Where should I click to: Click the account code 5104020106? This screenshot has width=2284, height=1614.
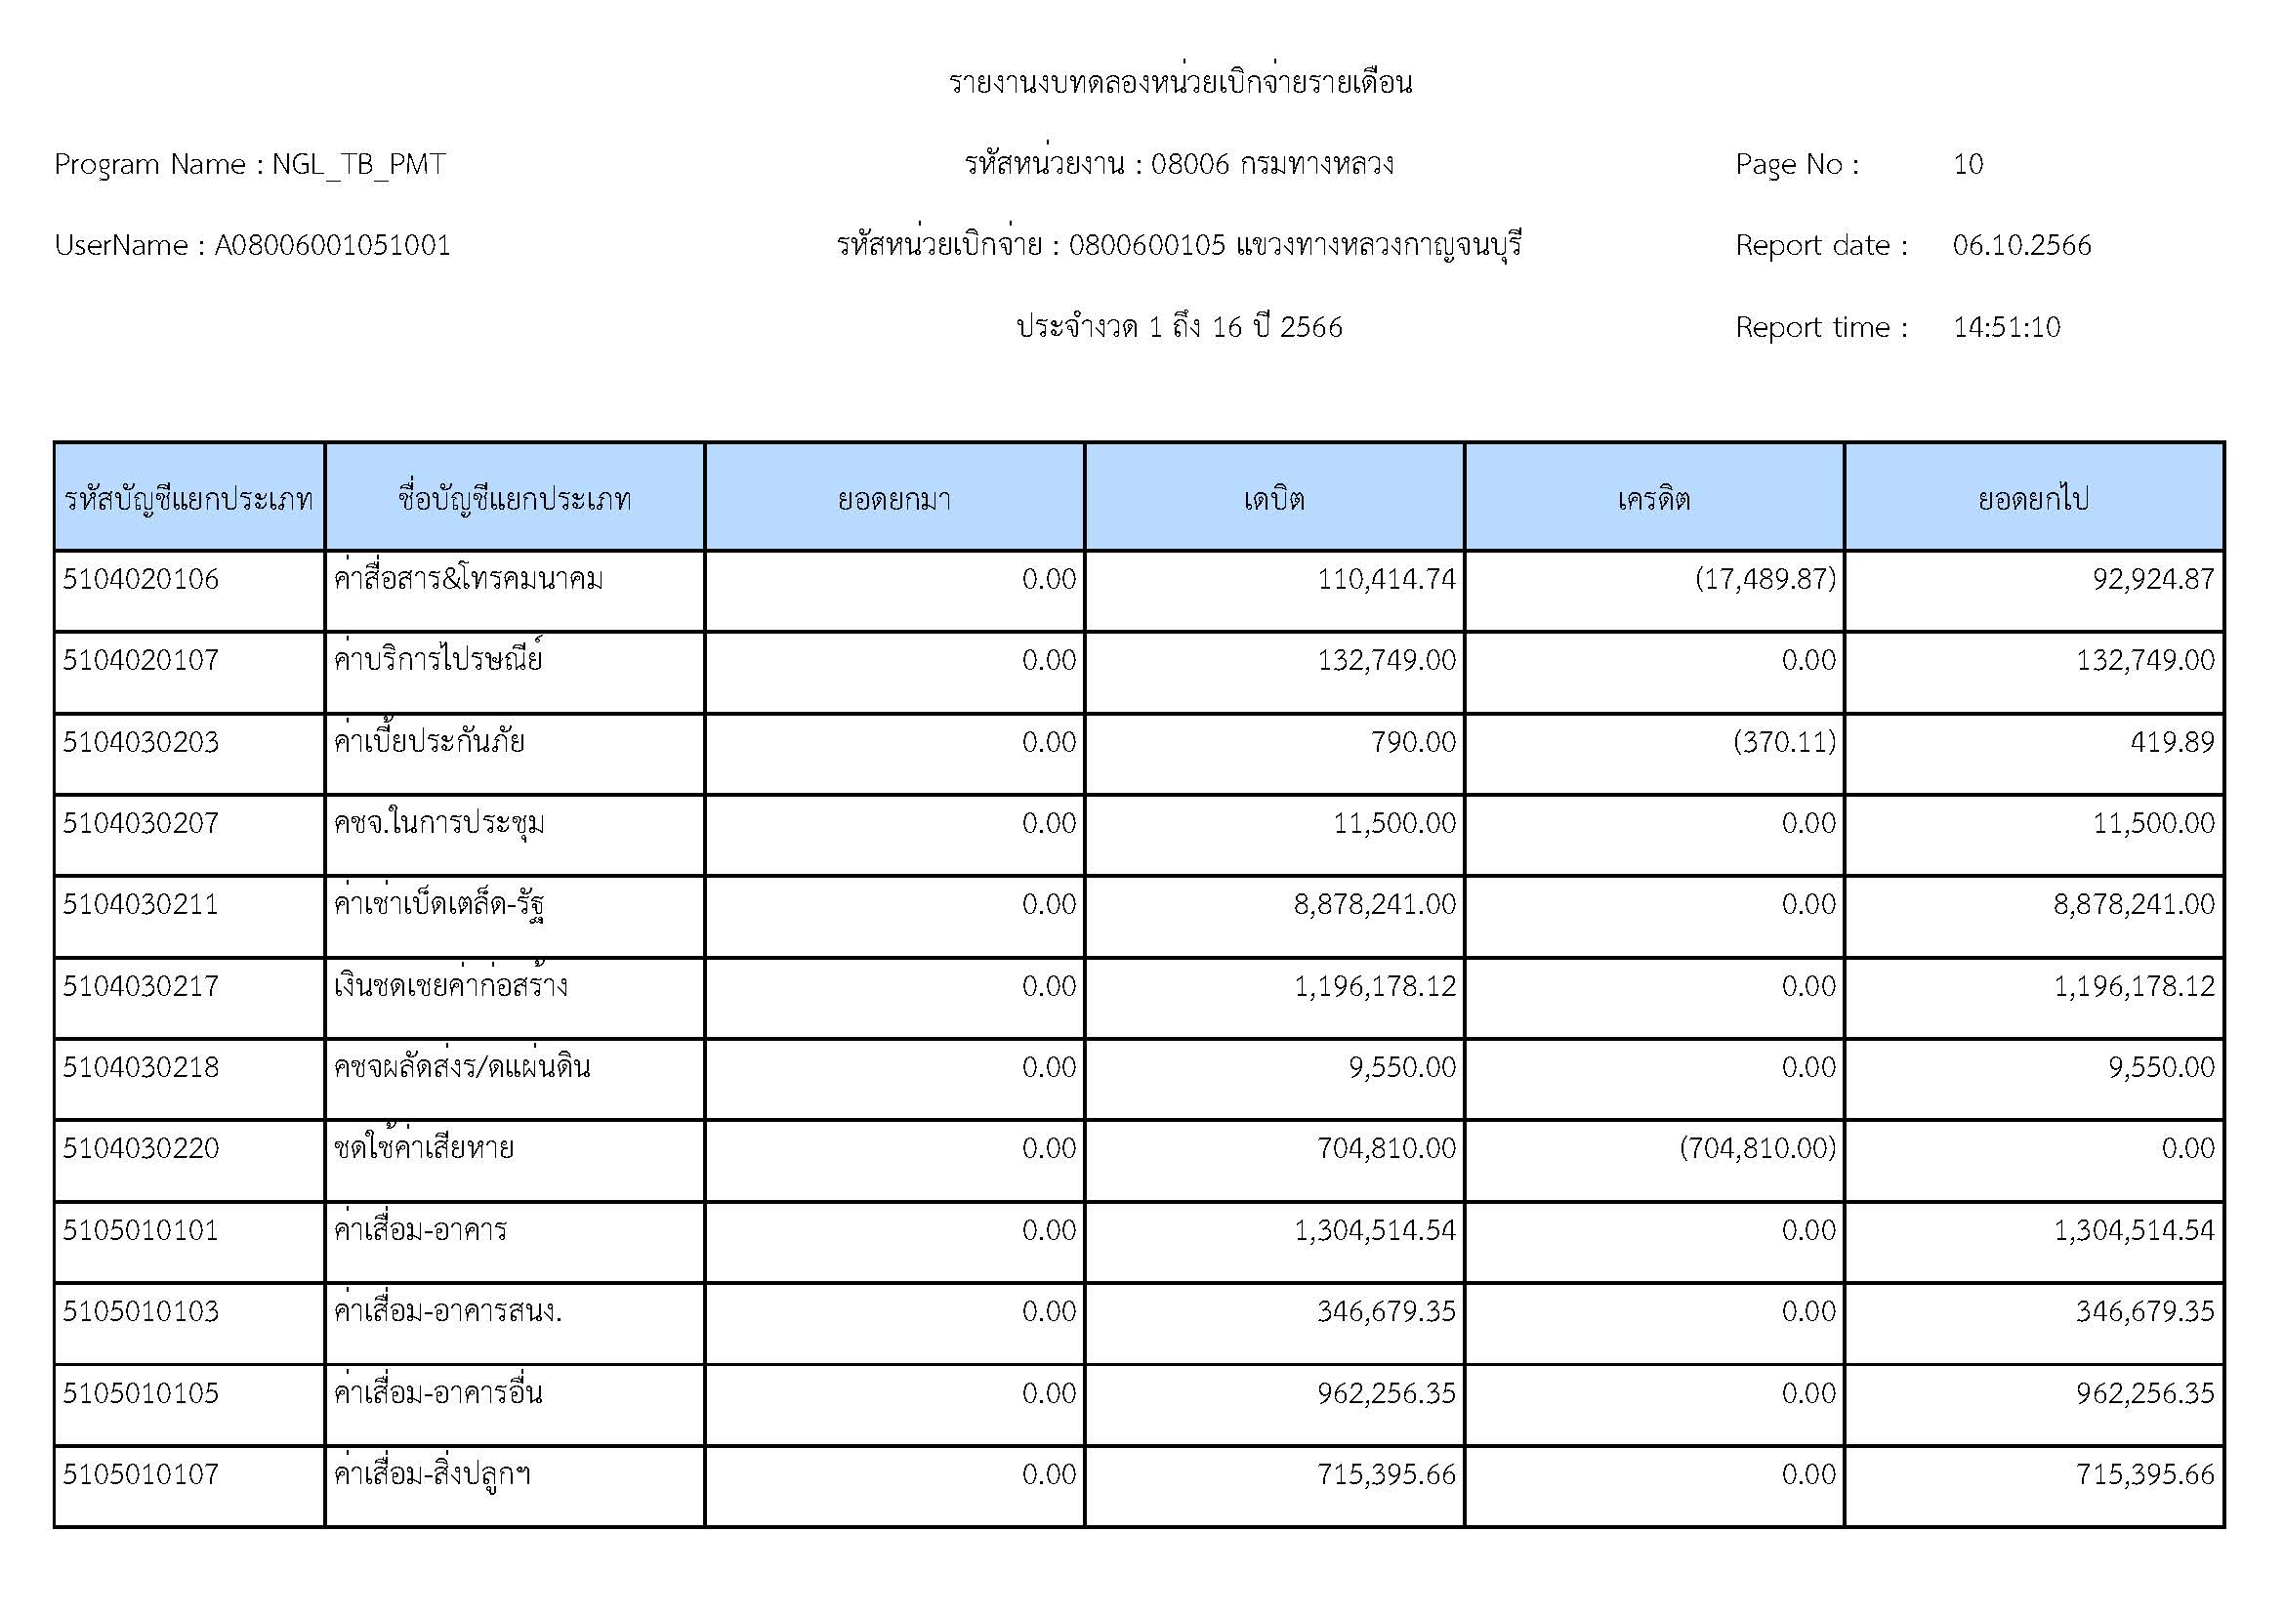[x=141, y=579]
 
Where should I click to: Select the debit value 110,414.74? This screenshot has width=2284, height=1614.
[x=1386, y=579]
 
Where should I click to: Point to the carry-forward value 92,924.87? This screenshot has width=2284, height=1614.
[x=2153, y=579]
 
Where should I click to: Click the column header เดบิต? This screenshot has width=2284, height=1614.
[x=1273, y=498]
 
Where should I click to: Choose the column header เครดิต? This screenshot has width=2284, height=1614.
[x=1653, y=498]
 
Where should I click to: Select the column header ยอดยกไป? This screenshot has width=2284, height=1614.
[x=2032, y=498]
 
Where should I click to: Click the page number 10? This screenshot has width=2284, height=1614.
[x=1968, y=164]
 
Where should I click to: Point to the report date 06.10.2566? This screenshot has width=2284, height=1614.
[x=2021, y=246]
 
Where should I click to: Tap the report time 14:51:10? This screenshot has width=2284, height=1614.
[x=2006, y=327]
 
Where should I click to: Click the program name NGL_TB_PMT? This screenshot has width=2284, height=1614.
[x=358, y=164]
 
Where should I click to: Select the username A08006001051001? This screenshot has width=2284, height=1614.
[x=332, y=246]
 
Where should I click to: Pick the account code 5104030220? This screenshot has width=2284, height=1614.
[x=141, y=1148]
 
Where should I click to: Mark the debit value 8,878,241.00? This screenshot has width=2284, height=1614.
[x=1374, y=904]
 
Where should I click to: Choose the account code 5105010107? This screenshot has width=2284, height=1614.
[x=141, y=1473]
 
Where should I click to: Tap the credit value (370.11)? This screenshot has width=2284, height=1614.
[x=1784, y=742]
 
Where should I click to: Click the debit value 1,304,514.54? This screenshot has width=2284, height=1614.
[x=1374, y=1230]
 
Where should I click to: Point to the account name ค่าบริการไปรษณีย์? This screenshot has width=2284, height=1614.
[x=437, y=660]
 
